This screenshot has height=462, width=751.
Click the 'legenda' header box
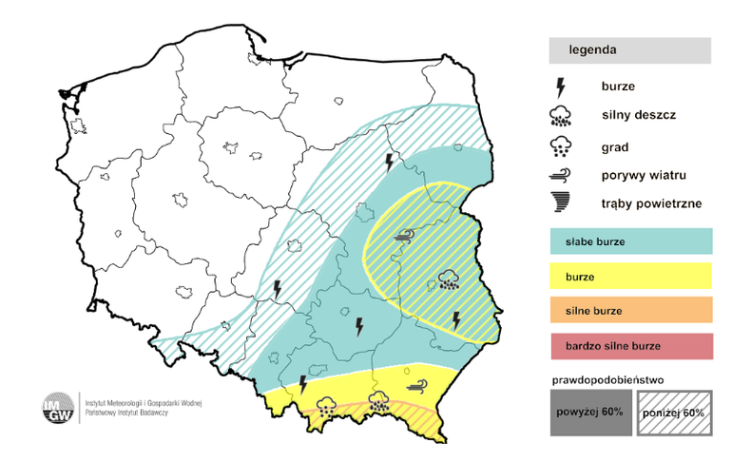629,50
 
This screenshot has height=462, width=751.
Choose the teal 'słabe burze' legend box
630,241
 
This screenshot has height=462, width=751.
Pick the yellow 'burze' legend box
630,277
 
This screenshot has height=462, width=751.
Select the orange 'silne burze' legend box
630,311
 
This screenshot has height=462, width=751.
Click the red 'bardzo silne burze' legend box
630,345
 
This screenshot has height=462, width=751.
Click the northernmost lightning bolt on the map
388,161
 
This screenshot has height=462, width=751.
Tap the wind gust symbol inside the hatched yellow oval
407,236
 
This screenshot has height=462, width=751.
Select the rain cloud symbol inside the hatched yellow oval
448,279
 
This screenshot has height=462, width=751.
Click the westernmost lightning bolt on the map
278,288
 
